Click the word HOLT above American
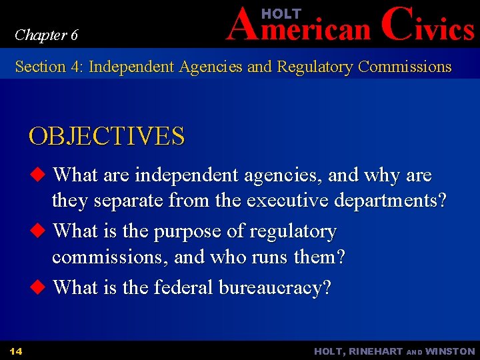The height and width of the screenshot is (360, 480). tap(281, 13)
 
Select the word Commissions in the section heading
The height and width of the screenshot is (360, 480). tap(405, 67)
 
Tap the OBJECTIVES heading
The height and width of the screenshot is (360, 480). tap(106, 137)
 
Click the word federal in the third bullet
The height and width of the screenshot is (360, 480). tap(179, 288)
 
